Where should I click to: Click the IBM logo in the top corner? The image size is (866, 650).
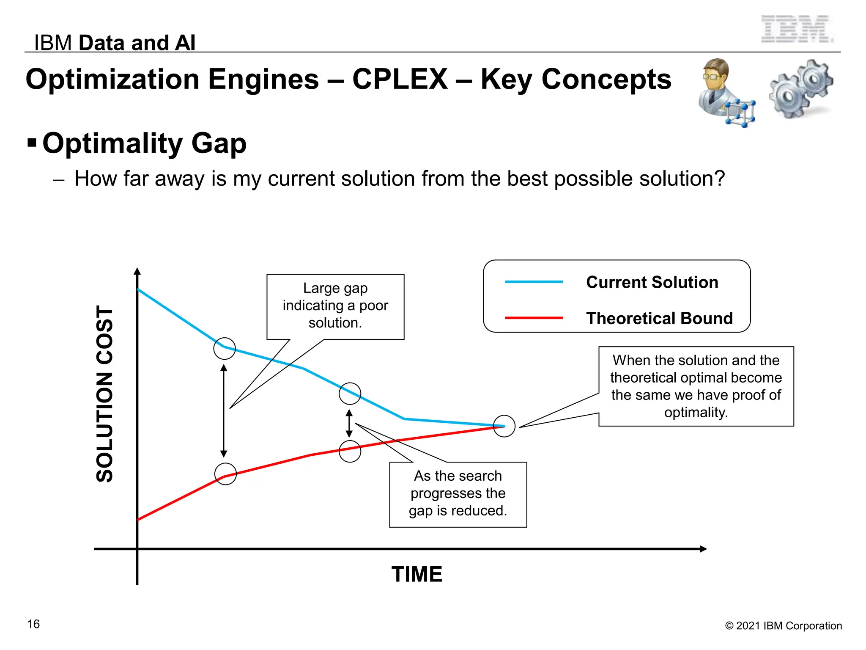(797, 29)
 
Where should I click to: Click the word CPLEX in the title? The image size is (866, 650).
(400, 79)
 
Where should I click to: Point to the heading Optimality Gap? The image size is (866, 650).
(144, 143)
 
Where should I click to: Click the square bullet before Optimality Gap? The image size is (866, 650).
(32, 142)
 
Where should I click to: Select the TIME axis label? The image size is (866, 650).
(417, 574)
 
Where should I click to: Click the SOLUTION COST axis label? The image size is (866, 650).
(104, 394)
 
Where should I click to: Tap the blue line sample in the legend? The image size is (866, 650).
(534, 282)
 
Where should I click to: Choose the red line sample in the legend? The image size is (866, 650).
(534, 318)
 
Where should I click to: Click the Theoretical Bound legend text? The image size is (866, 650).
(659, 318)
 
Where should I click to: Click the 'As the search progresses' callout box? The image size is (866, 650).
(458, 494)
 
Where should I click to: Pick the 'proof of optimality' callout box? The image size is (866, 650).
(696, 386)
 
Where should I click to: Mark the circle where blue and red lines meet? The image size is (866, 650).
(504, 426)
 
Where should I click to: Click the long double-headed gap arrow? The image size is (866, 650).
(224, 410)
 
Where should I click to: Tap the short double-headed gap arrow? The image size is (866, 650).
(349, 423)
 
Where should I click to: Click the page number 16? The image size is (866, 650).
(33, 624)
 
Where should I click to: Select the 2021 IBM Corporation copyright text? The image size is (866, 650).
(783, 625)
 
